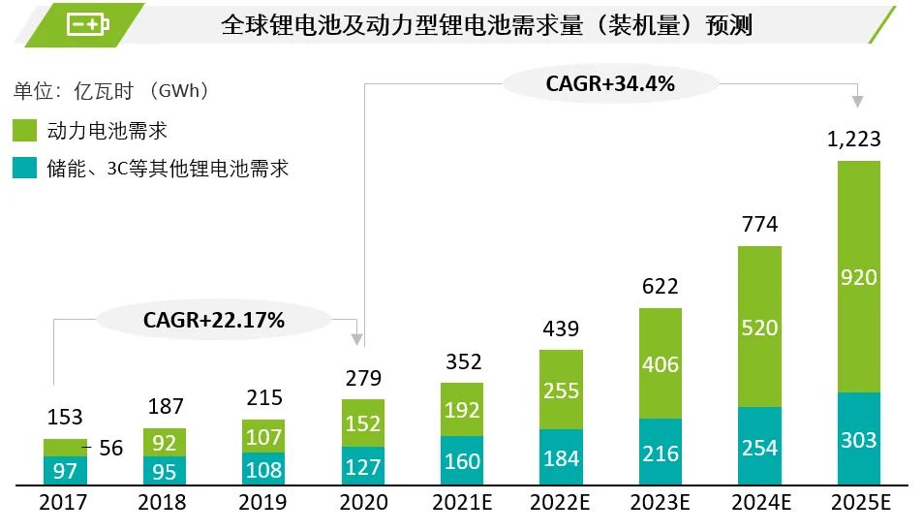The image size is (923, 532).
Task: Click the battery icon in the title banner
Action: [x=88, y=24]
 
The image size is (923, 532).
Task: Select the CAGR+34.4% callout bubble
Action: [x=610, y=83]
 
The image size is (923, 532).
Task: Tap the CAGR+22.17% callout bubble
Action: [x=214, y=320]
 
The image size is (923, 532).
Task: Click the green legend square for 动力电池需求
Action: [x=24, y=131]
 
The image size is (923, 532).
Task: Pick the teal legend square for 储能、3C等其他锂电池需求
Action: [x=24, y=168]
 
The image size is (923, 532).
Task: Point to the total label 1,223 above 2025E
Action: [x=854, y=140]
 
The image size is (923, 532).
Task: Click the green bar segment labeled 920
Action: [x=858, y=277]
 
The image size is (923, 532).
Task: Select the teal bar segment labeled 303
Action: [x=858, y=439]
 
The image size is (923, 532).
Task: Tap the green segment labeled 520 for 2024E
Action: [x=759, y=328]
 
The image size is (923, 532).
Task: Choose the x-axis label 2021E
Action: [x=462, y=503]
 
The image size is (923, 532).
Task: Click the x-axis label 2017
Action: [x=63, y=503]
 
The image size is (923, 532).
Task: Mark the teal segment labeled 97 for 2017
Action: [x=65, y=470]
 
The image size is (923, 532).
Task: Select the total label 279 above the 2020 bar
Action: [x=363, y=378]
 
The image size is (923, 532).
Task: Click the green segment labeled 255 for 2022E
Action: [x=562, y=390]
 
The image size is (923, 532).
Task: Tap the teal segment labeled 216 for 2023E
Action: [x=661, y=453]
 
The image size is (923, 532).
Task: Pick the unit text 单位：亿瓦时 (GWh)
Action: [x=111, y=91]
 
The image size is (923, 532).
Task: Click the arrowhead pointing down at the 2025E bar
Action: [x=857, y=99]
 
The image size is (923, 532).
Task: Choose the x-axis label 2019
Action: [x=263, y=503]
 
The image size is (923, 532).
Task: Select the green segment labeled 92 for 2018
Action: [x=165, y=441]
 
